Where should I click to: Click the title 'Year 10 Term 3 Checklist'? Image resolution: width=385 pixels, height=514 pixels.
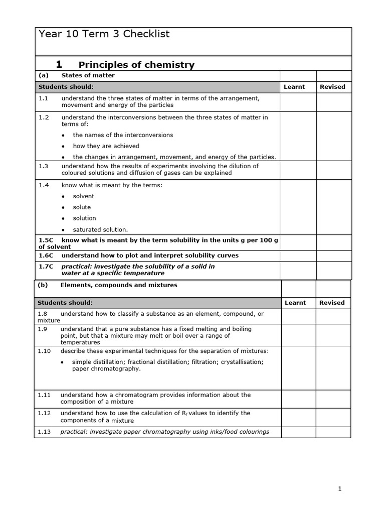tap(104, 34)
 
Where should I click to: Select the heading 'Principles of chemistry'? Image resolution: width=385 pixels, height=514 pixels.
tap(136, 65)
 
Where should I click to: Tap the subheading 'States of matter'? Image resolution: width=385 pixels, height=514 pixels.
tap(88, 75)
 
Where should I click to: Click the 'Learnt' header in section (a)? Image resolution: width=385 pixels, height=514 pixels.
tap(294, 87)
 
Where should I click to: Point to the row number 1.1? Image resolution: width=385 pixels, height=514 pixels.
tap(44, 98)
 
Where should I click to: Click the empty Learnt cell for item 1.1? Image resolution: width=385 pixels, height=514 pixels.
tap(297, 102)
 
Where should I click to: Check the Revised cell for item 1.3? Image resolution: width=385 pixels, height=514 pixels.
tap(334, 170)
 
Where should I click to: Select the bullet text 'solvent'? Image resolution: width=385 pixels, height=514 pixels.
tap(83, 196)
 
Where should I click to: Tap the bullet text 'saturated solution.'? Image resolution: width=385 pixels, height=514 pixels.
tap(100, 229)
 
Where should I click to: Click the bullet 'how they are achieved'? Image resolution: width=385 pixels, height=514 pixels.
tap(106, 146)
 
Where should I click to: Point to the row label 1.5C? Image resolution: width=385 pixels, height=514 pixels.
tap(46, 240)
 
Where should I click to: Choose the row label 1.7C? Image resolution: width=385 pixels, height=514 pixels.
tap(46, 267)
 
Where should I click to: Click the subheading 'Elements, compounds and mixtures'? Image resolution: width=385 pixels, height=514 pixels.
tap(119, 285)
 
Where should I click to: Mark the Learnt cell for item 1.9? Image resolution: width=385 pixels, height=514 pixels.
tap(298, 335)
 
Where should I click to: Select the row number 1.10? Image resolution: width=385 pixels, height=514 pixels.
tap(44, 351)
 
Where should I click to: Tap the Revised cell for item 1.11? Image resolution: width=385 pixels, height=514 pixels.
tap(333, 398)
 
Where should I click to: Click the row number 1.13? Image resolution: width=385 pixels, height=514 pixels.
tap(44, 432)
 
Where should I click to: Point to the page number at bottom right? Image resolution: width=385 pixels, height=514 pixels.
tap(339, 489)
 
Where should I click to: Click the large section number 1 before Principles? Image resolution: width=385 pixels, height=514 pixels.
tap(59, 64)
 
